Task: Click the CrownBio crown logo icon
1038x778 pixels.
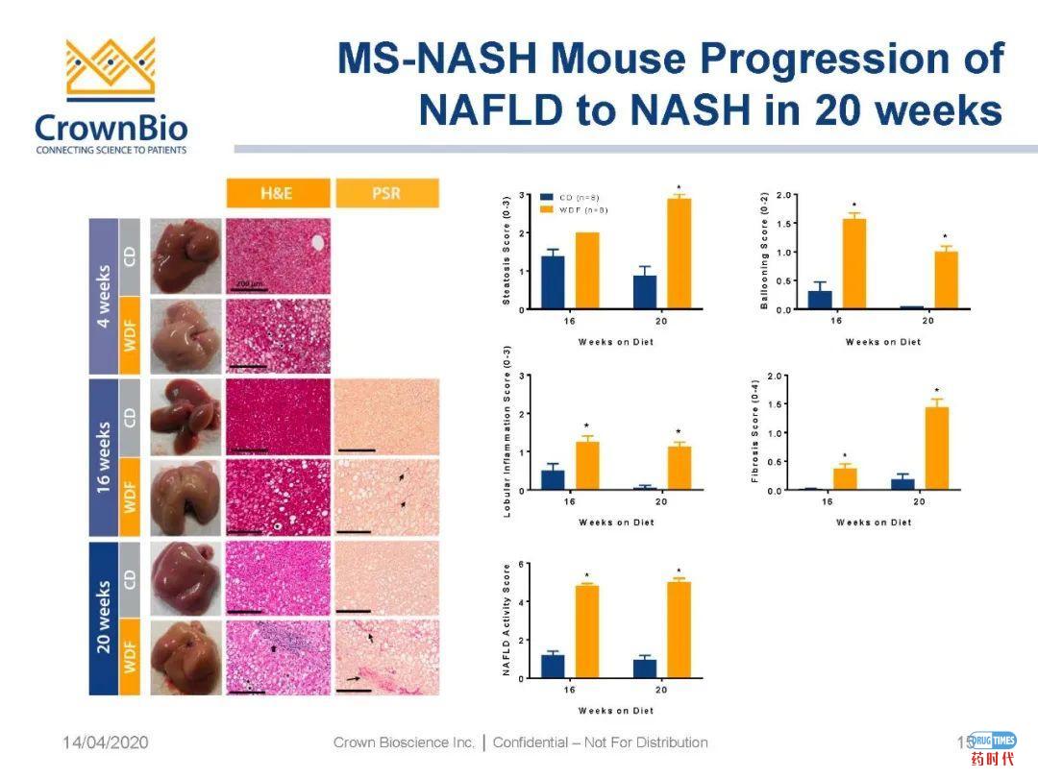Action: (111, 69)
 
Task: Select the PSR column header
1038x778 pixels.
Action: (386, 193)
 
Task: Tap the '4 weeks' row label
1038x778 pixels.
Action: (103, 295)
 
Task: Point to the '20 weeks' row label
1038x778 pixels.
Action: (103, 618)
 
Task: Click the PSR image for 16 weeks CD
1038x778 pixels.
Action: (386, 417)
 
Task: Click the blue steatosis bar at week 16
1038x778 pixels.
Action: (552, 282)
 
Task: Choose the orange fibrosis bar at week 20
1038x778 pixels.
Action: (935, 449)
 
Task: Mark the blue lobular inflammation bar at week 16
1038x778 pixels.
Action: (553, 479)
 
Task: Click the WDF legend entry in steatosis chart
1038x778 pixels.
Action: (577, 208)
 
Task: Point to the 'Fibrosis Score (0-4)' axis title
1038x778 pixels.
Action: (757, 432)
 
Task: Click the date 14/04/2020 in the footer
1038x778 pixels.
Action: (106, 742)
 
